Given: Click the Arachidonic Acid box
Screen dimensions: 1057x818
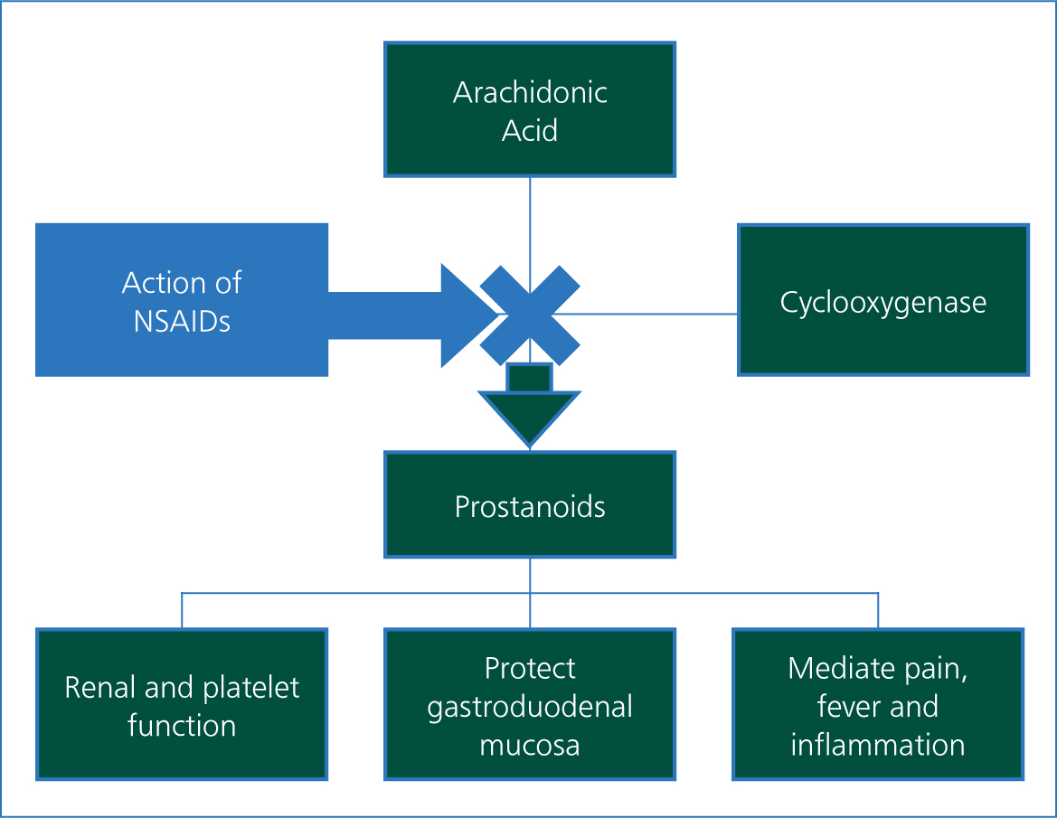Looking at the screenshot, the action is pos(530,110).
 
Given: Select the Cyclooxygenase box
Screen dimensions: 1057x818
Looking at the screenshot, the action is pos(883,300).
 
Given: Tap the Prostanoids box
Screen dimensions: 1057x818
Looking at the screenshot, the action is pos(530,504).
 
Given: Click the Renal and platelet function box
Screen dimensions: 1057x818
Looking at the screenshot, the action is pos(182,704).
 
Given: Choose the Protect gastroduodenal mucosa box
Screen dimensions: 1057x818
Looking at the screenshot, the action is pos(530,704).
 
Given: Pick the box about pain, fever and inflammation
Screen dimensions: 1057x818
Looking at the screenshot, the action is pos(878,704).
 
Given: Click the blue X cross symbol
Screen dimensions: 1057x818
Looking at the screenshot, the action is pos(530,315).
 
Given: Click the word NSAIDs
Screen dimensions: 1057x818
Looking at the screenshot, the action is pos(182,322).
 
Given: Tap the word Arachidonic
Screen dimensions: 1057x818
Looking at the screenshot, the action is pos(530,92).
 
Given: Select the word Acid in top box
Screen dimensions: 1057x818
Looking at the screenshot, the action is pos(530,130).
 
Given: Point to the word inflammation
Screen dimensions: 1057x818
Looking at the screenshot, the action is pos(878,745).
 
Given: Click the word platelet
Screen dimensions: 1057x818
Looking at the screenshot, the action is pos(250,688).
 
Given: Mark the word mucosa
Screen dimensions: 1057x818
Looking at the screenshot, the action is pos(530,746).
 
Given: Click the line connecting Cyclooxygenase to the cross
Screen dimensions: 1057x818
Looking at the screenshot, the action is pos(645,314).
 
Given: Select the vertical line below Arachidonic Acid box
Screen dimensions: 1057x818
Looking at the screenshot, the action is pos(530,235).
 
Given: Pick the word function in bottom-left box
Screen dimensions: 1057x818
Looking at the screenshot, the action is pos(182,727).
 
